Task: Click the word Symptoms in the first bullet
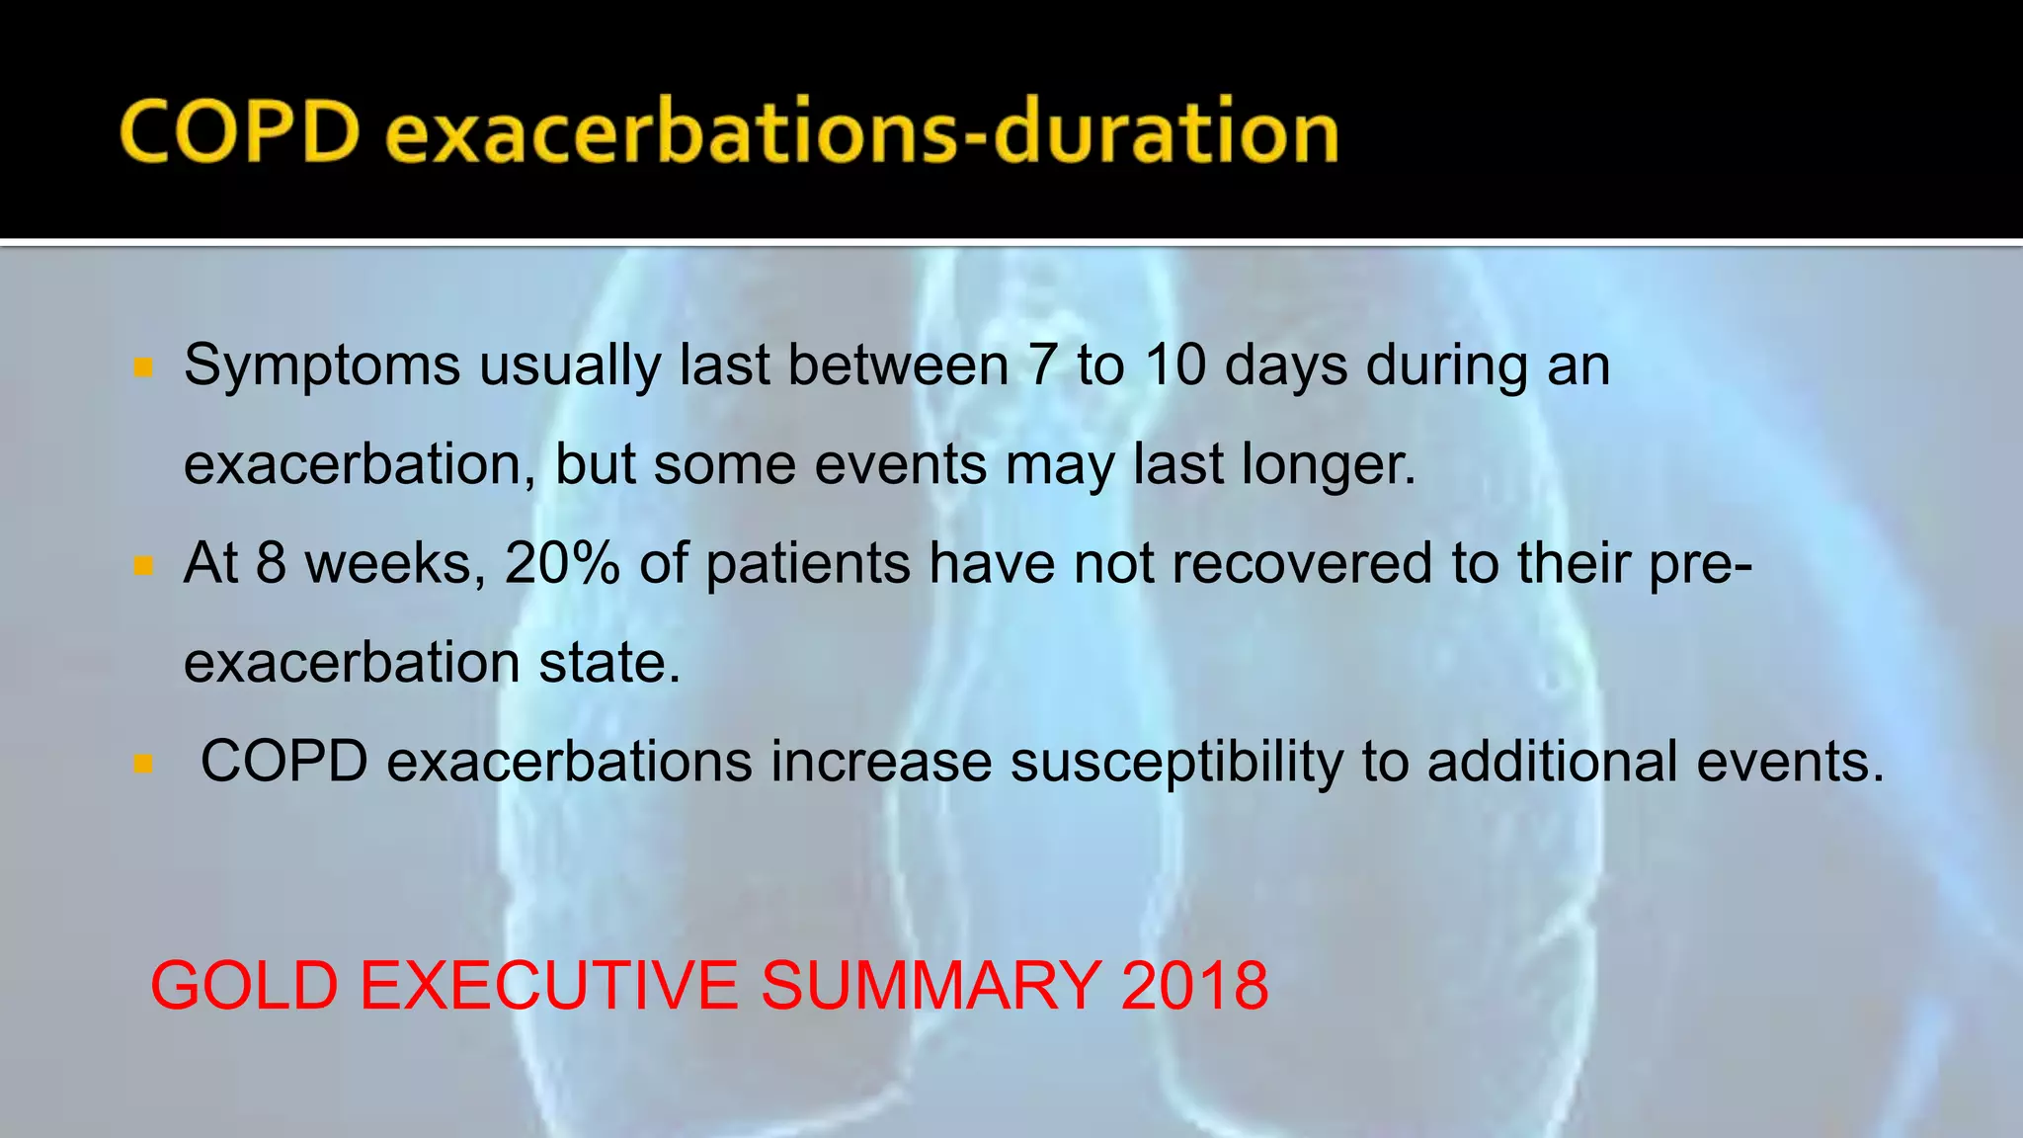click(x=322, y=366)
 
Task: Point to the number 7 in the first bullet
click(x=1042, y=365)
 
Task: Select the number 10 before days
click(x=1175, y=365)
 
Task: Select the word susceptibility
click(x=1175, y=762)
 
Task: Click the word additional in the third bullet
click(x=1552, y=762)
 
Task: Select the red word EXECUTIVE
click(x=549, y=986)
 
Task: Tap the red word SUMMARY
click(x=931, y=986)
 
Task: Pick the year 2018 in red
click(x=1194, y=986)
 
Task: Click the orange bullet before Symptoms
click(x=143, y=368)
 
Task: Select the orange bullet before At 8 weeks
click(x=143, y=566)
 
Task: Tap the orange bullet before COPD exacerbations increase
click(x=143, y=764)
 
